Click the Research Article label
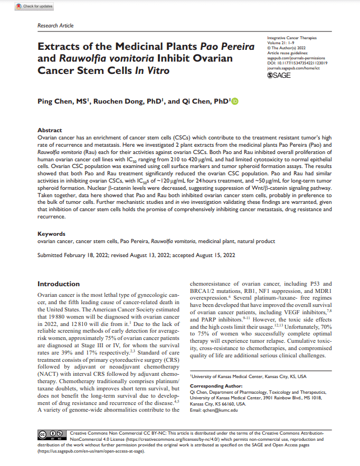pyautogui.click(x=55, y=26)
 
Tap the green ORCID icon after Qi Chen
pyautogui.click(x=235, y=101)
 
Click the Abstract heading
pyautogui.click(x=49, y=129)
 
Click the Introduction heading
pyautogui.click(x=58, y=284)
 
